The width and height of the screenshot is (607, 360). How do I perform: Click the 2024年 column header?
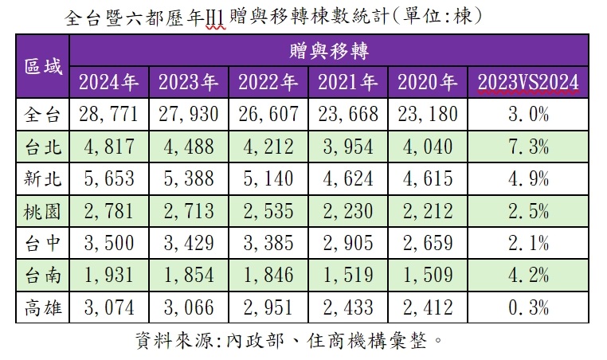pos(109,81)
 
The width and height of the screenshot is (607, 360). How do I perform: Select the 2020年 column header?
pos(428,81)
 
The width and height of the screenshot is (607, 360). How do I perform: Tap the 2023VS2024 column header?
pos(528,81)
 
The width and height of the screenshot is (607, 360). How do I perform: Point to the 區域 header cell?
pos(43,66)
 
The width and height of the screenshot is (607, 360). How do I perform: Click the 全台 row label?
pos(43,115)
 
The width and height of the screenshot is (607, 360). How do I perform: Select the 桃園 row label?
pos(43,210)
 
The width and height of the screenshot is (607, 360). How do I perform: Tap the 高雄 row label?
pos(43,306)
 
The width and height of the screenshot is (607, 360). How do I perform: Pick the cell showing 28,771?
pos(109,115)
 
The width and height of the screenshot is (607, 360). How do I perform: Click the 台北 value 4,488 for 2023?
pos(189,147)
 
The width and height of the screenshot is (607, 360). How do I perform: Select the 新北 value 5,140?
pos(268,178)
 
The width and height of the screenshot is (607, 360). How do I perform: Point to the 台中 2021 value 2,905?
pos(348,242)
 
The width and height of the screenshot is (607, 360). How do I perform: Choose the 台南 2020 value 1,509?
pos(428,274)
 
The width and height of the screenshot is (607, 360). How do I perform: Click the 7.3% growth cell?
pos(528,147)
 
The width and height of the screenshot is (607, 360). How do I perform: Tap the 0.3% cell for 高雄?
pos(528,306)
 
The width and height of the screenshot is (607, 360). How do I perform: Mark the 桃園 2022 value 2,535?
pos(268,210)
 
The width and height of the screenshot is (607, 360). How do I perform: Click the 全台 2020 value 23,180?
pos(428,115)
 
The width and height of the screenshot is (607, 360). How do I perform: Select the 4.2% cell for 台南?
pos(528,274)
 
